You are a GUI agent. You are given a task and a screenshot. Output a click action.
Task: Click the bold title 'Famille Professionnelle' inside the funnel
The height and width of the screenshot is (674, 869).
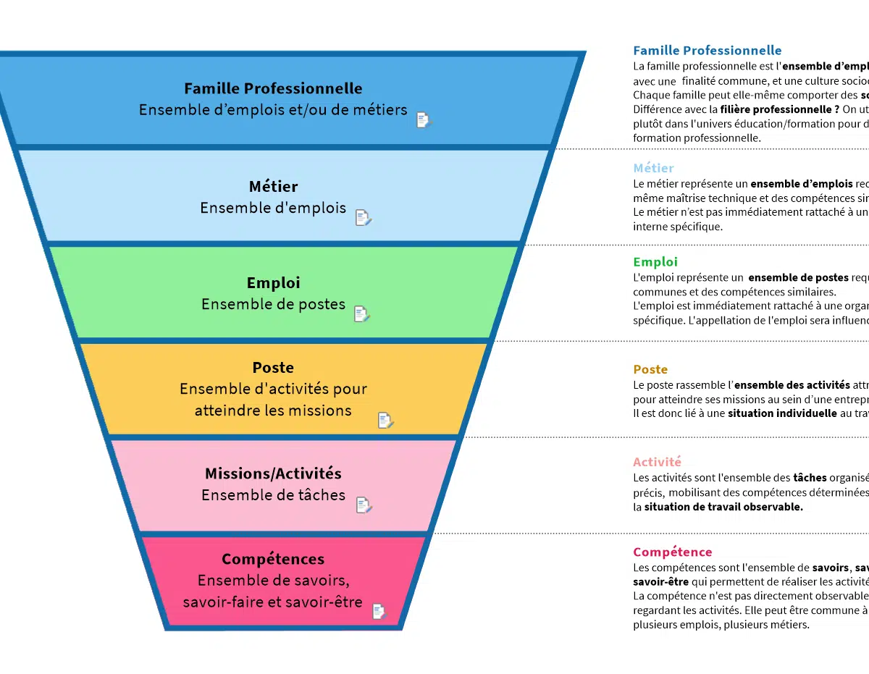(x=273, y=89)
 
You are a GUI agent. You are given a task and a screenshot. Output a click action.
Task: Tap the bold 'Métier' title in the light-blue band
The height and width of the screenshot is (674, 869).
(x=273, y=187)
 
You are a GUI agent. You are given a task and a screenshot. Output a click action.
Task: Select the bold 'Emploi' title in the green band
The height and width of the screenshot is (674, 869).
(x=273, y=283)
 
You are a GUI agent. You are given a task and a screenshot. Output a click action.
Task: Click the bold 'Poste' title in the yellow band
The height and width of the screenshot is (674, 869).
(x=273, y=368)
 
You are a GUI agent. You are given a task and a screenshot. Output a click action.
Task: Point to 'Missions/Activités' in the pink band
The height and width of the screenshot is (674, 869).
(x=273, y=474)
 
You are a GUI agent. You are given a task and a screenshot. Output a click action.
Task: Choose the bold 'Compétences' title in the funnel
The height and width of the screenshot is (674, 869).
(x=273, y=560)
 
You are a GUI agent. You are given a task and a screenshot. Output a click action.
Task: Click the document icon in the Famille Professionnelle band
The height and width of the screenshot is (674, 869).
(x=424, y=120)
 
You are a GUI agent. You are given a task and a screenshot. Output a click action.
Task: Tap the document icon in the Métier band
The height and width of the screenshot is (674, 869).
(x=363, y=217)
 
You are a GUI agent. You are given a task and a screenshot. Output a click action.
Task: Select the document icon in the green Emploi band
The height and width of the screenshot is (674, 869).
(x=361, y=314)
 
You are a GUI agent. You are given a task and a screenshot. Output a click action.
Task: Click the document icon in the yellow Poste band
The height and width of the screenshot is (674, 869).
(x=385, y=421)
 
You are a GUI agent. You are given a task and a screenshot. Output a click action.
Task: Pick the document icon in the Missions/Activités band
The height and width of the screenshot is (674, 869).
(x=364, y=505)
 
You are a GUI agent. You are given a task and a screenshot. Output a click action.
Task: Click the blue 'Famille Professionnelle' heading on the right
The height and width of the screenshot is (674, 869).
(x=707, y=51)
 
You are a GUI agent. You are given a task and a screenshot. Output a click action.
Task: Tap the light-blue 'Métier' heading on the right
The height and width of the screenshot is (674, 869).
(x=653, y=168)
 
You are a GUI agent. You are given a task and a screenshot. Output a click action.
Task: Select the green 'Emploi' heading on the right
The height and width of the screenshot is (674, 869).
(x=655, y=262)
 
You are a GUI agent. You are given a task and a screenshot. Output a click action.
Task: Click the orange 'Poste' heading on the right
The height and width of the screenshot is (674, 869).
(x=650, y=370)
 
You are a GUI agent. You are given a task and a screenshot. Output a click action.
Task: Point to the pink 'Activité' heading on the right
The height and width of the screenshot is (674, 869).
(x=657, y=462)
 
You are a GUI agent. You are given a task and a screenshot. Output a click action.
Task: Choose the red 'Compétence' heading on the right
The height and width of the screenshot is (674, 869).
(x=672, y=552)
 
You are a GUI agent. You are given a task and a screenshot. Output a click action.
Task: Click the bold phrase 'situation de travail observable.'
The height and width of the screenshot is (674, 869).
(x=723, y=507)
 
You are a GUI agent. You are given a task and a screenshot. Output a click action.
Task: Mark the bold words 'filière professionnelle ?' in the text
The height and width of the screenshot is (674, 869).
(x=779, y=109)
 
